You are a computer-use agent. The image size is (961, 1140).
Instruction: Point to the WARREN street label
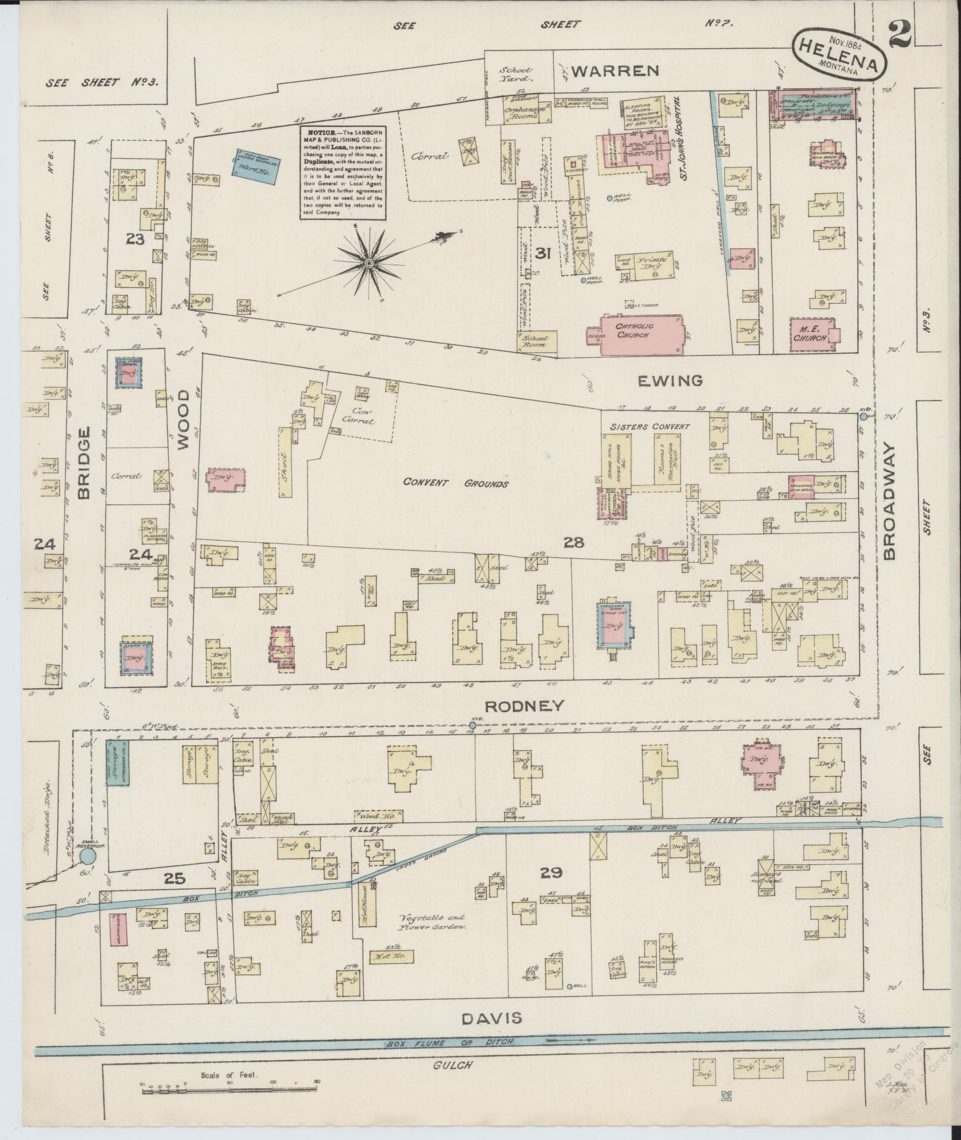[x=614, y=71]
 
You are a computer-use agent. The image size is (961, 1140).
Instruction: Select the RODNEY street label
[x=524, y=706]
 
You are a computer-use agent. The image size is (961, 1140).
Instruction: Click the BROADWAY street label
[x=890, y=501]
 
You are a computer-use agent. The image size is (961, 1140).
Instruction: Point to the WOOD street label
[x=183, y=420]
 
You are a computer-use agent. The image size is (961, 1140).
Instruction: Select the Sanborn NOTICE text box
[x=341, y=171]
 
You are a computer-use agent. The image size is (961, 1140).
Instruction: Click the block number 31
[x=542, y=253]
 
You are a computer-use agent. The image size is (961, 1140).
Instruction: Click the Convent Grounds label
[x=456, y=483]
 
